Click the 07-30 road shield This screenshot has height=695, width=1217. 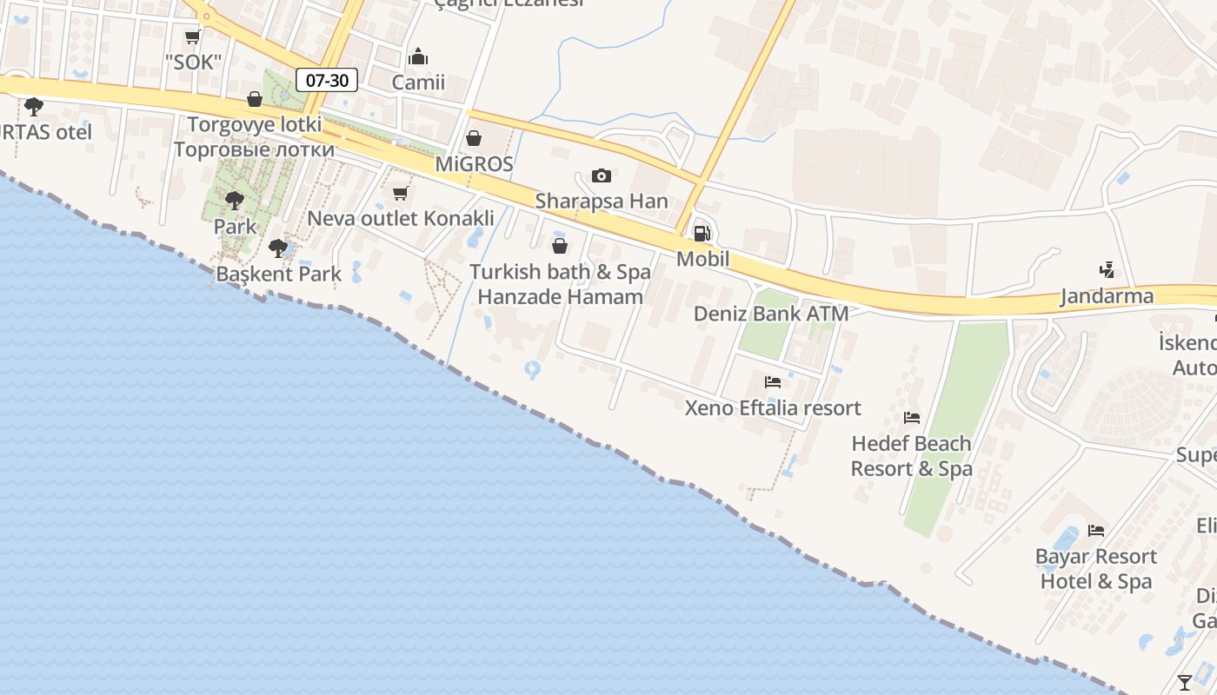point(328,81)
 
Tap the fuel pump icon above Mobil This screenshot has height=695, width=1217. point(702,233)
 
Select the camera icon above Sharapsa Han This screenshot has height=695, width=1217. point(601,176)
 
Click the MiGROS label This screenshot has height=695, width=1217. point(474,164)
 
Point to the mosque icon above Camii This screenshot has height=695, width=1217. point(418,57)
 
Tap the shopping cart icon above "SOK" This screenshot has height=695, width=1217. point(193,36)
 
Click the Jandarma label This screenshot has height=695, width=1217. point(1107,296)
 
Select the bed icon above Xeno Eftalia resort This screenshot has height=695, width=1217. point(772,381)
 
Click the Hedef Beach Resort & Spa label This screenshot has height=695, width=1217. point(911,456)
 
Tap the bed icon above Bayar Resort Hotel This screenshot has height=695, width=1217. point(1096,530)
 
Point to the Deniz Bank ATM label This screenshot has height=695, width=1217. point(771,314)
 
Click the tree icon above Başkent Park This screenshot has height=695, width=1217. point(278,248)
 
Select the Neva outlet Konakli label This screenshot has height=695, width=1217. point(401,218)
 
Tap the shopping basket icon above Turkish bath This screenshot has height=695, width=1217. point(560,246)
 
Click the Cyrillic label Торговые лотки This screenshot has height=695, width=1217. point(254,149)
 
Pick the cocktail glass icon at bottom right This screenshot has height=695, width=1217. point(1184,682)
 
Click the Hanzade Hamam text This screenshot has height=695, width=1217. point(561,296)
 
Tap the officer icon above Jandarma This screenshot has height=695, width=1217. point(1107,270)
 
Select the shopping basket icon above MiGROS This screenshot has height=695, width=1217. point(474,138)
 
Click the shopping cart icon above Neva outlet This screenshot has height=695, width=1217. point(400,193)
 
